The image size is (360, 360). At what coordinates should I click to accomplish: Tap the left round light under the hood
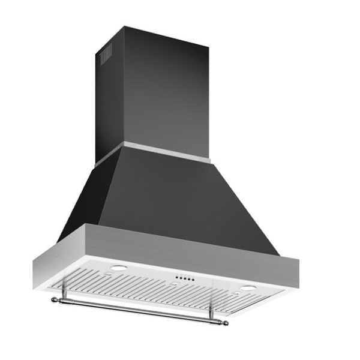(x=118, y=268)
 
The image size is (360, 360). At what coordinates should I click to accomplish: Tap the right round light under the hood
(x=248, y=289)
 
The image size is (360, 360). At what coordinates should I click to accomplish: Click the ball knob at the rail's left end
(x=55, y=298)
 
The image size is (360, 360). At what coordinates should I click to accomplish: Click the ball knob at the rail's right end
(x=226, y=323)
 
